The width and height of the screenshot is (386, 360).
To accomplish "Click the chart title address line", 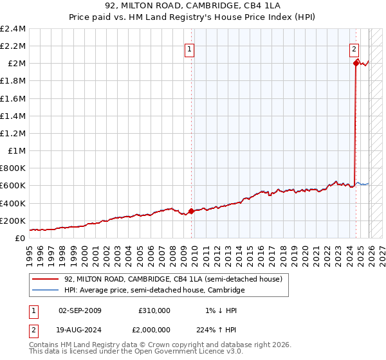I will click(193, 7).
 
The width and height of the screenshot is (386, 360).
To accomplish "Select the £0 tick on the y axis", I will click(21, 239).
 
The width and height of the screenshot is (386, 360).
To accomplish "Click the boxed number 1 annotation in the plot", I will click(190, 48).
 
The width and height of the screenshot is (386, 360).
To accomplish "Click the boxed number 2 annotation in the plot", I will click(354, 48).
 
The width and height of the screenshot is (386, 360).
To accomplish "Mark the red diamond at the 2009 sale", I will click(191, 211).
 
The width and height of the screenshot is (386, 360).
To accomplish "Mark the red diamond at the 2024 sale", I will click(356, 63).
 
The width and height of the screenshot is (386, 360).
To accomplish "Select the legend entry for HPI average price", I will click(154, 291).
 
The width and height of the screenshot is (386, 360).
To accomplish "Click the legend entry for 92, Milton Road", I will click(173, 279).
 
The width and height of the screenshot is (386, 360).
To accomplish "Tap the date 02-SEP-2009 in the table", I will click(80, 310).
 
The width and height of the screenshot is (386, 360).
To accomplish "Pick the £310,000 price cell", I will click(154, 310).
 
